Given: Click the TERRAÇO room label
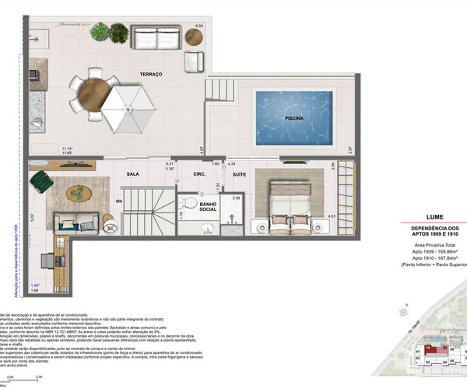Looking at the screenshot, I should [150, 74].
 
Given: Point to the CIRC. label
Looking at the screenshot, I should [199, 174].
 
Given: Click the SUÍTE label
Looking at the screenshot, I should [240, 174].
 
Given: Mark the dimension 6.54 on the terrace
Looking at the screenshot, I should [198, 27].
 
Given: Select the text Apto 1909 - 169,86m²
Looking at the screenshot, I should [435, 253].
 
